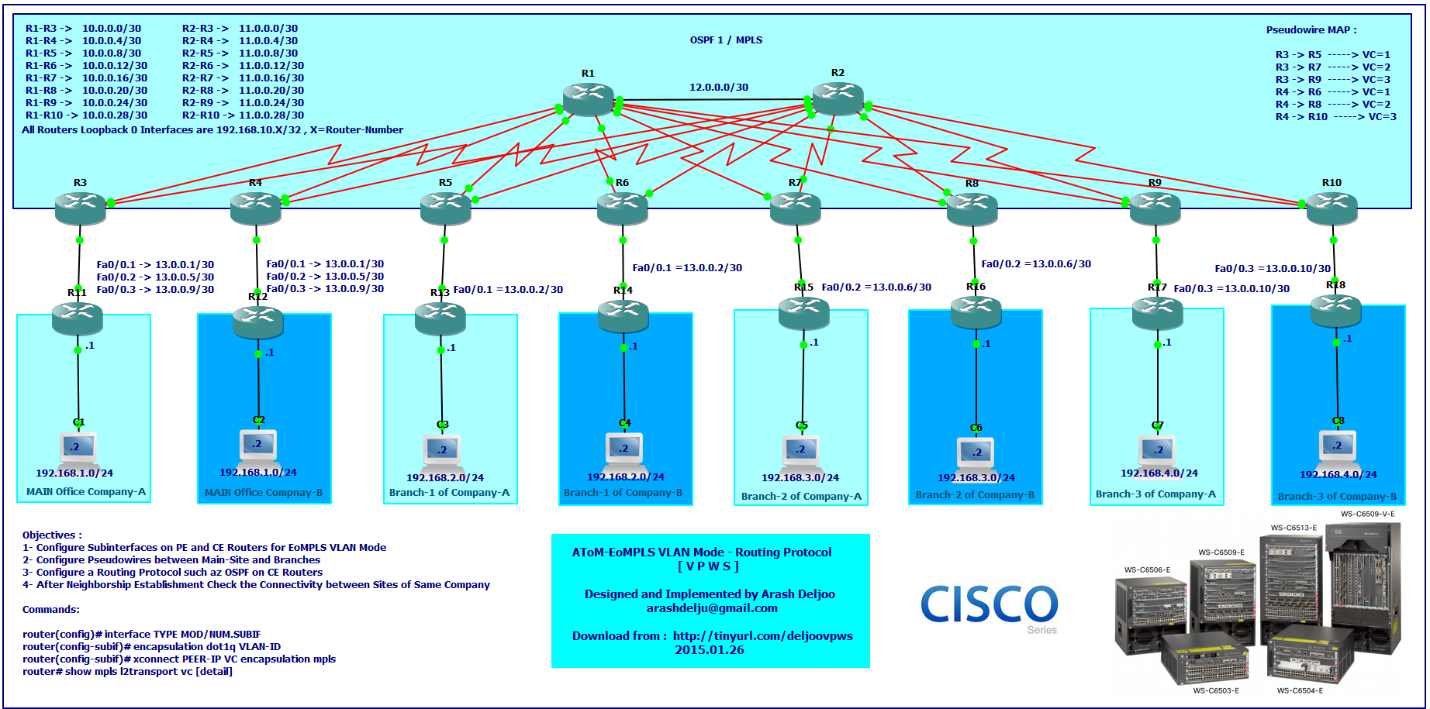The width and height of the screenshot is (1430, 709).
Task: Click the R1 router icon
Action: coord(589,99)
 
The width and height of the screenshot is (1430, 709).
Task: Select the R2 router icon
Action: coord(838,98)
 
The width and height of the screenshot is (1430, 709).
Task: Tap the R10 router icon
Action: coord(1332,208)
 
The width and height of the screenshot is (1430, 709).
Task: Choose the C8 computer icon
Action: coord(1338,446)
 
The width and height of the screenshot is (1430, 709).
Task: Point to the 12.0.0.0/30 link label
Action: coord(719,88)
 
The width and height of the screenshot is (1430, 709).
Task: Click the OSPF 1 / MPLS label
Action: coord(726,40)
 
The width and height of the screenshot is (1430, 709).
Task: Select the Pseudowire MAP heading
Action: coord(1311,30)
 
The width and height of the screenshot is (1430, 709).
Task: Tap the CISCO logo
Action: coord(989,604)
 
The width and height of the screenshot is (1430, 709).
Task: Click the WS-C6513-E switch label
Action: coord(1294,528)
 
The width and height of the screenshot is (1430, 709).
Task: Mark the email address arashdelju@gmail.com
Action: coord(712,608)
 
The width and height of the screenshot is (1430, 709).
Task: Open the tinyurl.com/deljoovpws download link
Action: coord(762,636)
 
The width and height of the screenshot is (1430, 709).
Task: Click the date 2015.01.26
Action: coord(709,650)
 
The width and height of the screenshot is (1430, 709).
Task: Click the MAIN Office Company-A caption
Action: coord(86,492)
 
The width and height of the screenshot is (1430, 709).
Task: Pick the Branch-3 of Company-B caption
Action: coord(1337,497)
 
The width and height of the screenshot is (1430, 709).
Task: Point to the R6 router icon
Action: coord(622,208)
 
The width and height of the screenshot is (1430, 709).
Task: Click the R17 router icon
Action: coord(1157,314)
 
